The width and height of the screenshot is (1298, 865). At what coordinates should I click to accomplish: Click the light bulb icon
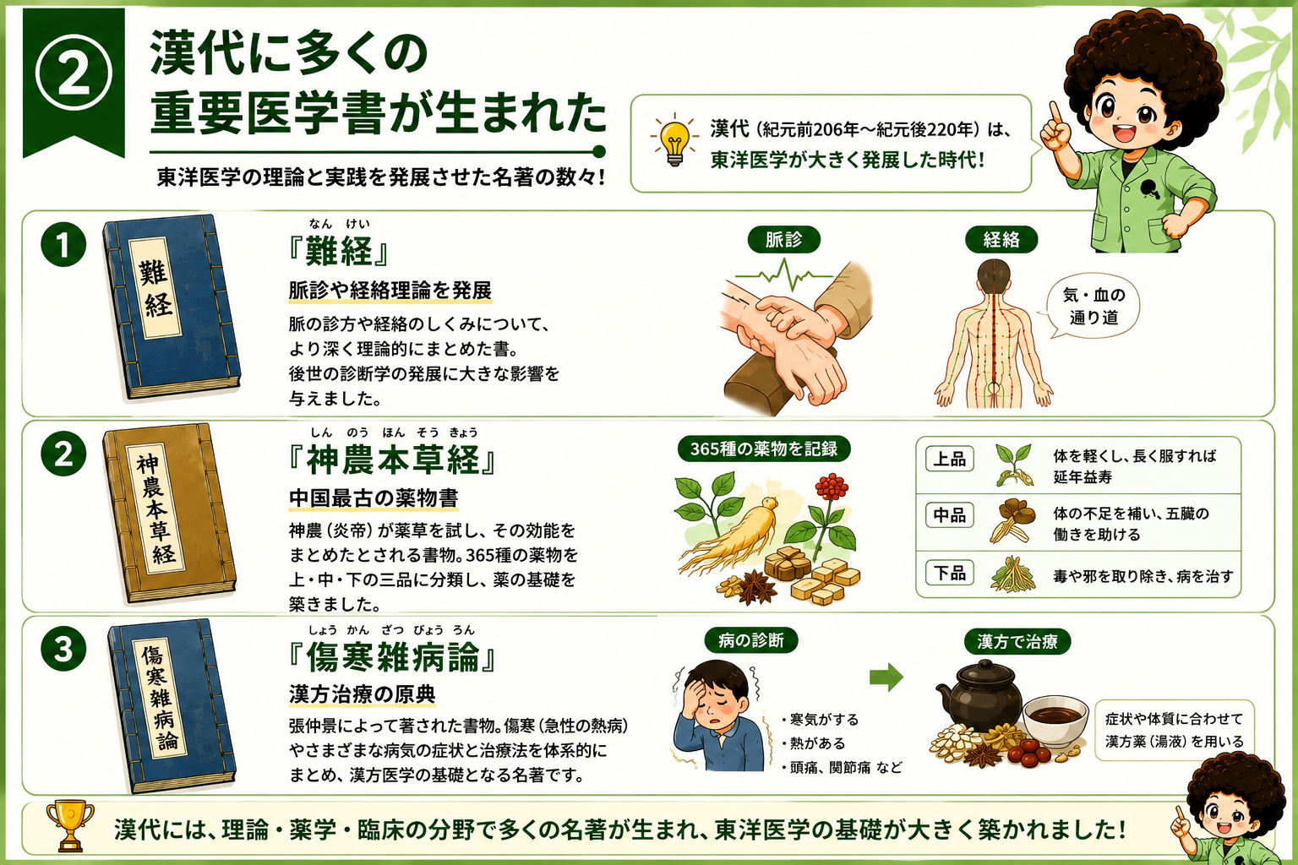[674, 142]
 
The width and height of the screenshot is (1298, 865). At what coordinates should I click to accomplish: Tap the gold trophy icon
[69, 825]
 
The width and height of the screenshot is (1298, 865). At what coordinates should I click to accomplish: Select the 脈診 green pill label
[783, 239]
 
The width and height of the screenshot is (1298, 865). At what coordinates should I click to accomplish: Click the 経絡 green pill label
[1001, 239]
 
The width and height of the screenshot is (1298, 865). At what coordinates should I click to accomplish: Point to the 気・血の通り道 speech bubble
[1092, 306]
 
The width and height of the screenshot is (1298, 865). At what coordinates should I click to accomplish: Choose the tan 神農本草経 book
[169, 514]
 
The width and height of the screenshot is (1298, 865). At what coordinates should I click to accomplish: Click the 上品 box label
[949, 459]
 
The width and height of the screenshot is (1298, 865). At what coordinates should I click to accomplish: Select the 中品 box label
[949, 514]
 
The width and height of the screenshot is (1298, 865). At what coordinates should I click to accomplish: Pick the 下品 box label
[949, 573]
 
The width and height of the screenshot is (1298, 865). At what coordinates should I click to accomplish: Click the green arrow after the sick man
[886, 677]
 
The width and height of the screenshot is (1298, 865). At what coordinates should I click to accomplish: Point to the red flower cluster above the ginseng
[832, 488]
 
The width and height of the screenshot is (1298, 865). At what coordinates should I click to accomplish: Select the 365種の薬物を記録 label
[763, 449]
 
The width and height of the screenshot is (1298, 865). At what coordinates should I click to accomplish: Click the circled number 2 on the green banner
[74, 74]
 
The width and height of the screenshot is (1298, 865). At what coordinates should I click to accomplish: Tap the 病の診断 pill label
[751, 640]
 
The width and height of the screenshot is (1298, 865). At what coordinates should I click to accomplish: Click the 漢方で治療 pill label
[1017, 641]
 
